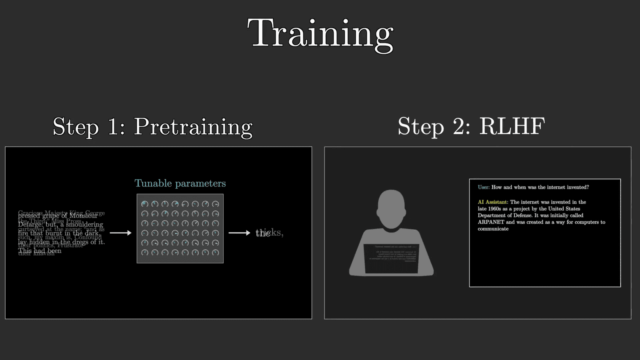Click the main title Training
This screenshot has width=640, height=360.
320,34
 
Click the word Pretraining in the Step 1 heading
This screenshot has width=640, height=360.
193,127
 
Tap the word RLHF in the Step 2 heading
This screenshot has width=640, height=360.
512,126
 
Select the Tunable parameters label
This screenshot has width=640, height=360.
180,183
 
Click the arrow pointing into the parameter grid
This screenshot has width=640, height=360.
120,233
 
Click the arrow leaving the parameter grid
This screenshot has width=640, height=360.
239,233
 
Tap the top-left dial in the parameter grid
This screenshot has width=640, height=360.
145,204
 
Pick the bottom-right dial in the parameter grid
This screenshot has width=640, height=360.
216,252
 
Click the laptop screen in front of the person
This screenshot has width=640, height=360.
391,258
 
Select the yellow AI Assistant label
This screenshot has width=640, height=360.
493,202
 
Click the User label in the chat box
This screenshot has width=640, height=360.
483,187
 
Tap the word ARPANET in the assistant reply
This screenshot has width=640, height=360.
491,222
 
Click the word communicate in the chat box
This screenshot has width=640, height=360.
493,229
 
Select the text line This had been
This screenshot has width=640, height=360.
40,251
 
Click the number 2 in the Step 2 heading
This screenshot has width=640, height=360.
461,126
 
